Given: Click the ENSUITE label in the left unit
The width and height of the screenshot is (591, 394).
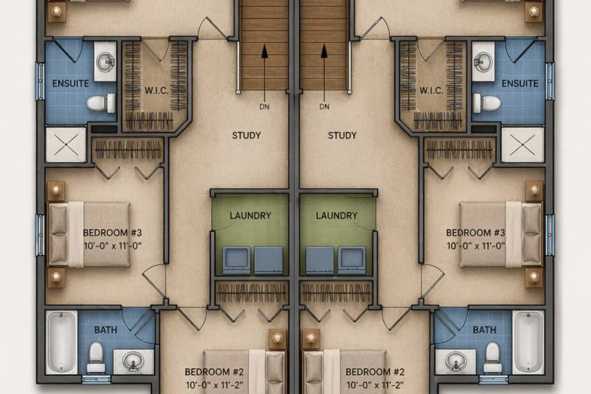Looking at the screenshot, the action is [x=71, y=84].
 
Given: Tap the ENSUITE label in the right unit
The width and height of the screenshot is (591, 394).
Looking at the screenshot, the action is [x=520, y=84].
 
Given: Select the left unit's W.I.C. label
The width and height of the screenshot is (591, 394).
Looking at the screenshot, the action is [x=156, y=91].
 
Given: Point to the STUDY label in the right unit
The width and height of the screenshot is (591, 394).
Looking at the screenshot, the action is [x=342, y=136].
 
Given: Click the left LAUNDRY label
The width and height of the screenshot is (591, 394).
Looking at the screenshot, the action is [x=250, y=216].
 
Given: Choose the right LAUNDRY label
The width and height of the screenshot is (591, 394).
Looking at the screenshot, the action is [x=336, y=216].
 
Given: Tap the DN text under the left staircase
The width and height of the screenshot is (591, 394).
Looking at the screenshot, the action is [x=264, y=107].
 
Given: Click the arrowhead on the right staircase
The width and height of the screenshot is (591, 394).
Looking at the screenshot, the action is [x=324, y=51].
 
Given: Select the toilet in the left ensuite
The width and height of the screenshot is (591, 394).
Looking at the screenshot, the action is [x=101, y=103].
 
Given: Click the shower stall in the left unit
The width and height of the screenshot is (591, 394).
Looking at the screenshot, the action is [x=66, y=145].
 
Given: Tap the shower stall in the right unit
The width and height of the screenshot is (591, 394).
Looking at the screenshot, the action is [x=523, y=145].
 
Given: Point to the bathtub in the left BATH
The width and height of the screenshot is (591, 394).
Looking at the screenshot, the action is [x=62, y=342].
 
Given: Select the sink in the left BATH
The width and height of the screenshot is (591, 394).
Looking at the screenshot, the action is [x=134, y=362].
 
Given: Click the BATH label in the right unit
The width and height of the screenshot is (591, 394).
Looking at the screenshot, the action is [x=484, y=330].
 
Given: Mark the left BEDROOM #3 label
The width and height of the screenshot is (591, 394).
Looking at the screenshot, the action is [x=112, y=233].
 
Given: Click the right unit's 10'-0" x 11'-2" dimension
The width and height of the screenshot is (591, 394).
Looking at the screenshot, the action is [x=375, y=385].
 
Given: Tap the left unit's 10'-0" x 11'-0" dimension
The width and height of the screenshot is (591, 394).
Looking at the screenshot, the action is [x=112, y=246].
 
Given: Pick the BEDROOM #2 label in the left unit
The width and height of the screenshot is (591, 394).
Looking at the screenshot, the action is [x=214, y=372].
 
